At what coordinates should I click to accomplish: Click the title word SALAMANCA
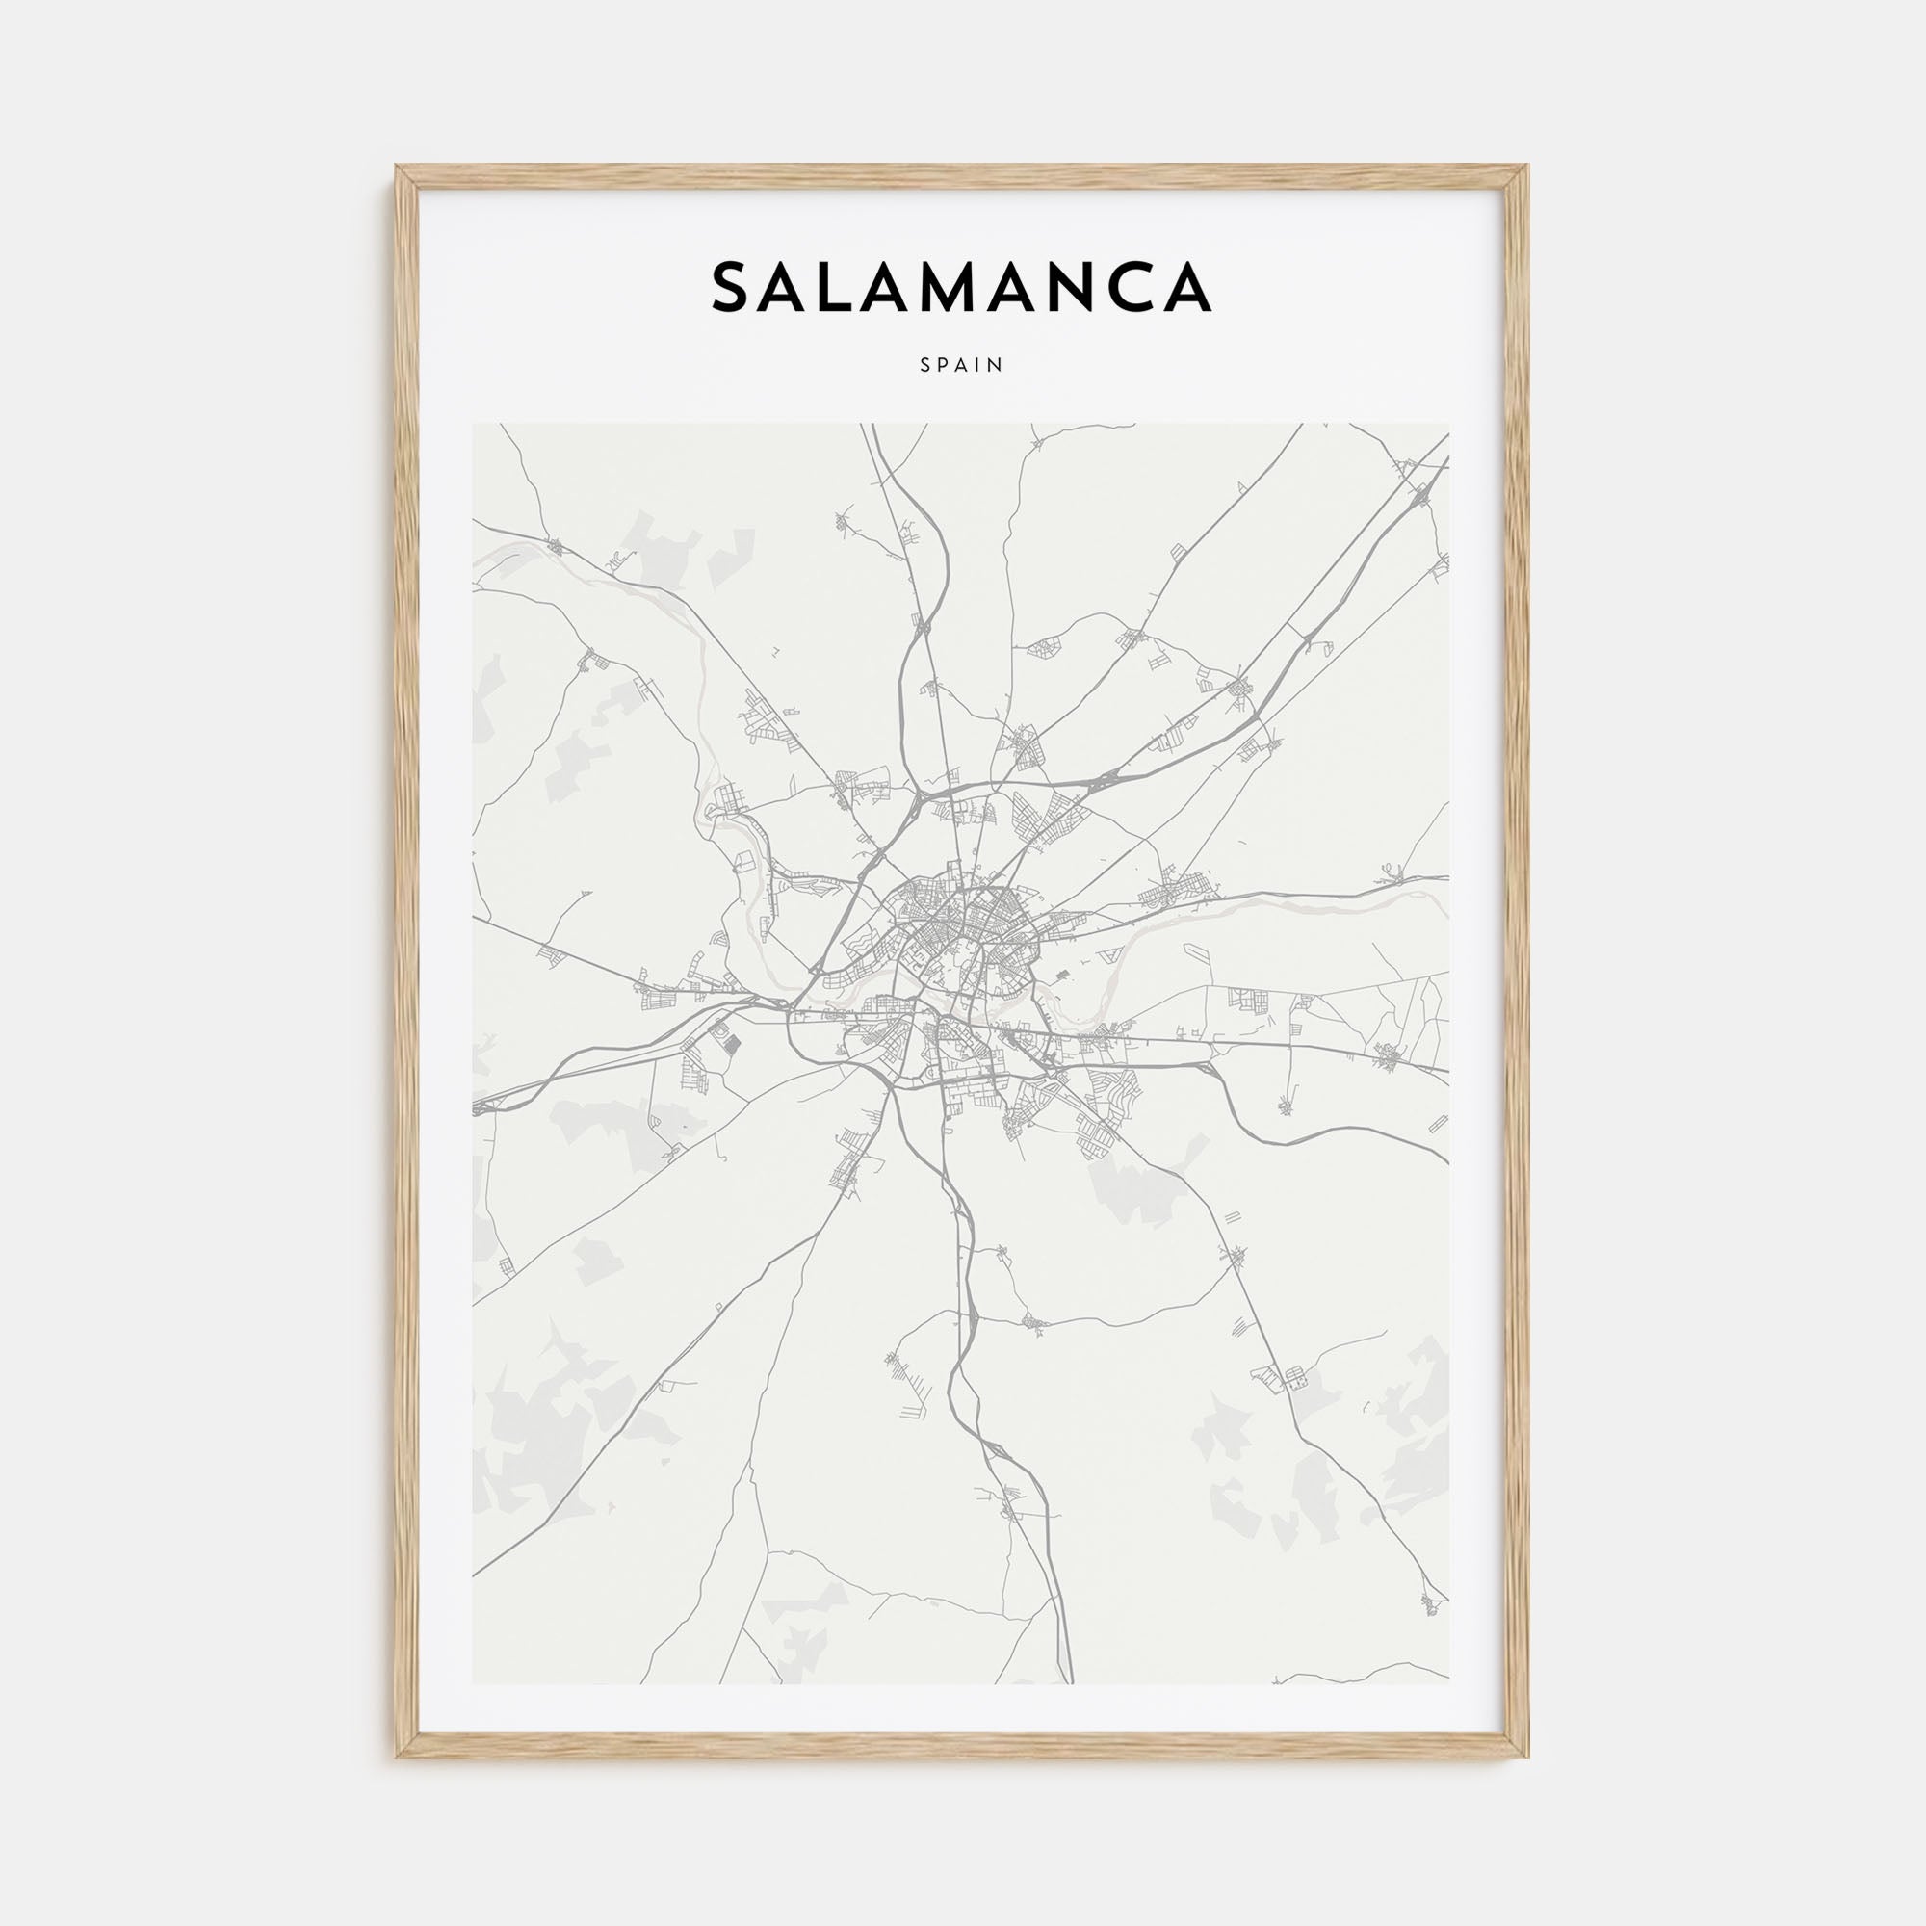tap(961, 287)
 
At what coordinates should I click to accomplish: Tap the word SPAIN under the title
tap(961, 366)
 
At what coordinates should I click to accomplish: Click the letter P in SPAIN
tap(943, 366)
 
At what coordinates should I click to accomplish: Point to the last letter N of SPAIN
tap(996, 366)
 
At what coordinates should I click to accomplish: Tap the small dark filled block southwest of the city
tap(732, 1045)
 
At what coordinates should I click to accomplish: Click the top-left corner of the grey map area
tap(474, 425)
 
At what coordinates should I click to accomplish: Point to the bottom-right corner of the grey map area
tap(1448, 1683)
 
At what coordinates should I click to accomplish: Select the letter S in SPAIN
tap(926, 366)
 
